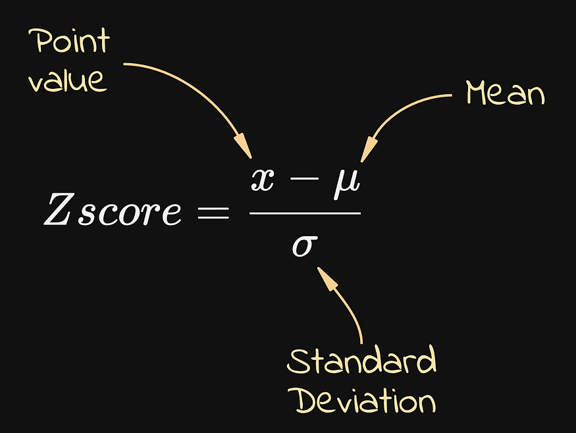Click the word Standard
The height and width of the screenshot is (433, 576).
coord(362,362)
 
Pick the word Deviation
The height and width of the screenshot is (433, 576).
coord(364,400)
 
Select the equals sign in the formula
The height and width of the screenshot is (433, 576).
coord(212,212)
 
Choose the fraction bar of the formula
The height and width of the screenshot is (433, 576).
coord(305,213)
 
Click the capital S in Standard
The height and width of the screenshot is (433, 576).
coord(298,362)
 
